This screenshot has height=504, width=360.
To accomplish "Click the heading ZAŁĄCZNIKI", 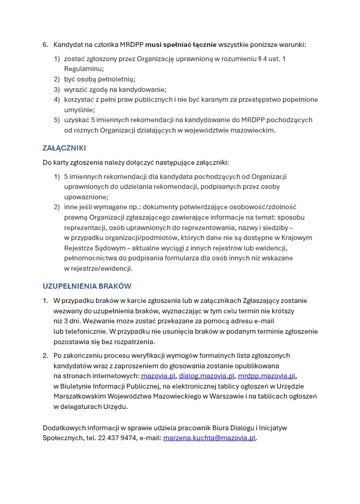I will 64,148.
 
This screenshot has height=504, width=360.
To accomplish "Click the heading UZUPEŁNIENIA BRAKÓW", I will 87,286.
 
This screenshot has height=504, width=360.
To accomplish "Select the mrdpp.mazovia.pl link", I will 267,376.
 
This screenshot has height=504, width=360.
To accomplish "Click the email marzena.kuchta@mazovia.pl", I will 209,438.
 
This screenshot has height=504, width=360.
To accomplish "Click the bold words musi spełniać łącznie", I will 181,44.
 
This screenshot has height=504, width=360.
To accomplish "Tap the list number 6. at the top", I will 45,44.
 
